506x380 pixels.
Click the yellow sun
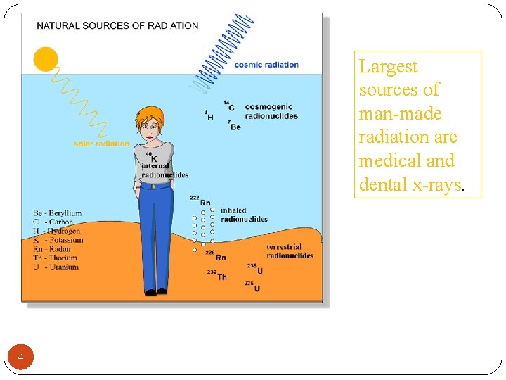pos(46,58)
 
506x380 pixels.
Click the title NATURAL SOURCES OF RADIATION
pos(117,26)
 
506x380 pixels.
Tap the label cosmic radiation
pos(266,65)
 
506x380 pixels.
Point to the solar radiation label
pos(101,144)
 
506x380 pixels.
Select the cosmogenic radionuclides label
pos(271,112)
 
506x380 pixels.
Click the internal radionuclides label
pos(164,170)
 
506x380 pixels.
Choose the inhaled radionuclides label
pos(244,215)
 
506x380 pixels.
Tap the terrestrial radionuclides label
pos(290,251)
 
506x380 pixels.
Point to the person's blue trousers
pos(155,232)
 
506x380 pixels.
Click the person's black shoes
pos(155,291)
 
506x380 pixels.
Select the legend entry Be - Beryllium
pos(57,213)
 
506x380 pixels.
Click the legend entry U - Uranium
pos(56,267)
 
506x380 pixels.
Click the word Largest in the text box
pos(388,67)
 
